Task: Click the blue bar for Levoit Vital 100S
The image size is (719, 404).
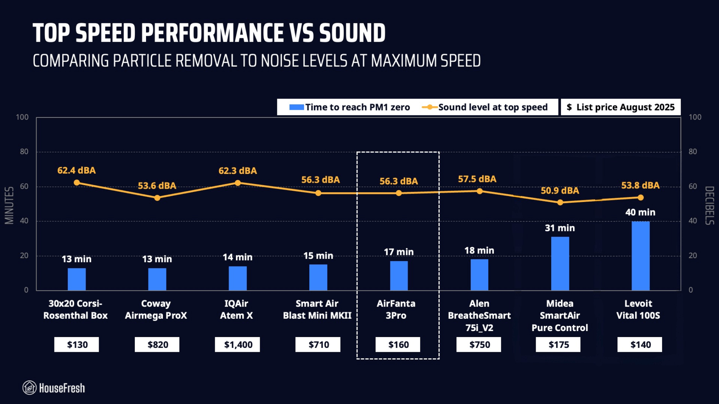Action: [640, 256]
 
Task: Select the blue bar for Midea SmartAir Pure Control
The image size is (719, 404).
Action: [560, 263]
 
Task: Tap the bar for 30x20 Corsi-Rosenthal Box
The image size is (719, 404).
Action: [77, 279]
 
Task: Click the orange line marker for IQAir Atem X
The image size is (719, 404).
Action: [238, 183]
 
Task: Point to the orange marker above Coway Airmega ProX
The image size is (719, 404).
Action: [157, 198]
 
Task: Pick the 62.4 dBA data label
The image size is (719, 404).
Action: [77, 170]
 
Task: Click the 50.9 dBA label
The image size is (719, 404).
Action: [560, 191]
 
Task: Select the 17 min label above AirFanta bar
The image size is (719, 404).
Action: [398, 252]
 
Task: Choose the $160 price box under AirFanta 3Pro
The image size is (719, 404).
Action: [398, 345]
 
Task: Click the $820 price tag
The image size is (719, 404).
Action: [157, 345]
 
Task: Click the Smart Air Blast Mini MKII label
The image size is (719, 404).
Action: [317, 309]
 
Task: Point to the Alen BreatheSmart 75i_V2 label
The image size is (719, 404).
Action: [479, 315]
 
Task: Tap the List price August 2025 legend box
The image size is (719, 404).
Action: [620, 107]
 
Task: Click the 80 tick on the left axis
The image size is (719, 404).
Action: [24, 152]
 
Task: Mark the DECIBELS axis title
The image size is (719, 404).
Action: [709, 205]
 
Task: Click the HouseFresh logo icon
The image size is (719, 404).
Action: [29, 388]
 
